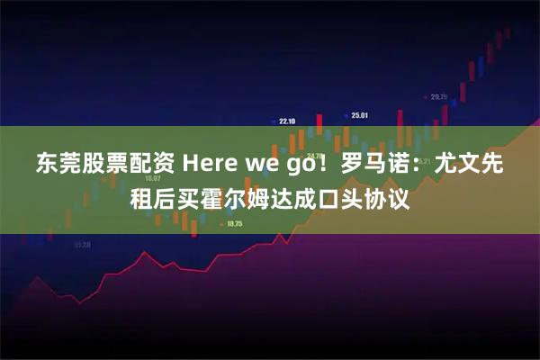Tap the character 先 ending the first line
coord(491,166)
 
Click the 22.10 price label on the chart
coord(287,121)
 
